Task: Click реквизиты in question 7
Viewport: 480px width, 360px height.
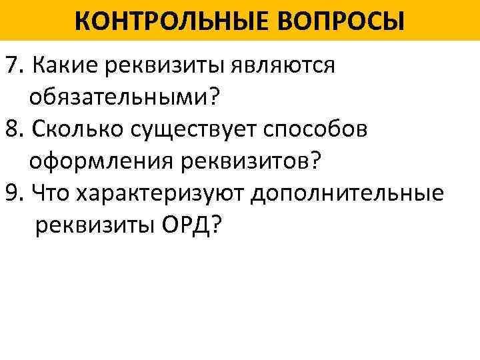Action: point(160,67)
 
